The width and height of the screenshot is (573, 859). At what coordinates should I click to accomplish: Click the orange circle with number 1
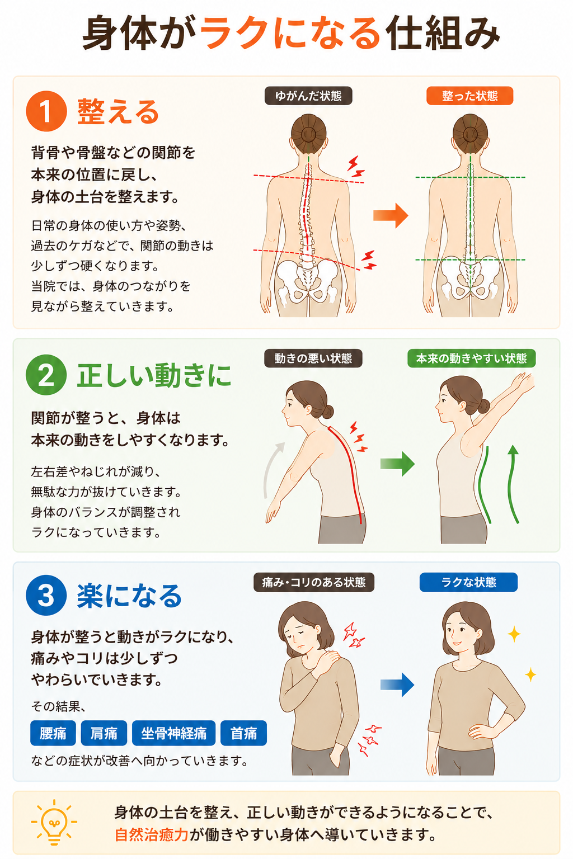(x=46, y=111)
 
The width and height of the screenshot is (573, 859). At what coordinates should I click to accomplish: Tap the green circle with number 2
(x=46, y=375)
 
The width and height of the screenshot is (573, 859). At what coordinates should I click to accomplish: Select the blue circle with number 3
(x=46, y=595)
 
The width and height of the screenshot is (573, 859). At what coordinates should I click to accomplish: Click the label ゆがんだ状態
(x=308, y=96)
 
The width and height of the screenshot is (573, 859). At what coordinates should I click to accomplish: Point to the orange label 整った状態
(x=470, y=96)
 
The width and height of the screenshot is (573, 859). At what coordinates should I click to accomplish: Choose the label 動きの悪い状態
(x=313, y=358)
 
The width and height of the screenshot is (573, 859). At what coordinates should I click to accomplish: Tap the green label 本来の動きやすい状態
(x=471, y=358)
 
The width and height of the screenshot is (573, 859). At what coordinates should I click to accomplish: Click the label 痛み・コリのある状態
(x=313, y=582)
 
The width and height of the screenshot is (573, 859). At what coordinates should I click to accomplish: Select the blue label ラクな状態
(x=468, y=582)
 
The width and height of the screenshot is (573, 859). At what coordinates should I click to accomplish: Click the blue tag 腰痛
(x=53, y=733)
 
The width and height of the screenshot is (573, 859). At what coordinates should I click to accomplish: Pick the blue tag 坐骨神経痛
(x=173, y=733)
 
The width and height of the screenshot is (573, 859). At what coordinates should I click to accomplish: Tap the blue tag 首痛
(x=243, y=733)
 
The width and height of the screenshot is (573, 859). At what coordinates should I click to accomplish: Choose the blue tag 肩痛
(x=104, y=733)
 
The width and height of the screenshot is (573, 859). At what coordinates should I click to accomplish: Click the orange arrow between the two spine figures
(x=391, y=215)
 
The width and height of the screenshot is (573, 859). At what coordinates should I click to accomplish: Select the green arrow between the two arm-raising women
(x=398, y=464)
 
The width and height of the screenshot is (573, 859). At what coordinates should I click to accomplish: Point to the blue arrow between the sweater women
(x=397, y=685)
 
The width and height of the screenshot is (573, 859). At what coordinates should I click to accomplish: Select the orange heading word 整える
(x=118, y=111)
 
